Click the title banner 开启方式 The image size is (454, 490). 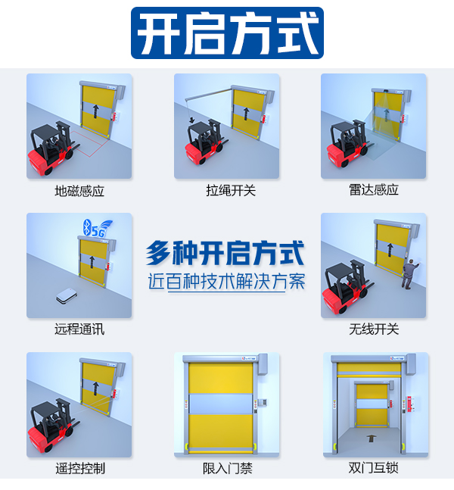pyautogui.click(x=227, y=33)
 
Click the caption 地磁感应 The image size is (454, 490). pyautogui.click(x=79, y=191)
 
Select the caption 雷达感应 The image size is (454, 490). pyautogui.click(x=374, y=190)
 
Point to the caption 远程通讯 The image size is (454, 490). pyautogui.click(x=79, y=329)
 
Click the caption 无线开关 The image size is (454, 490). pyautogui.click(x=374, y=329)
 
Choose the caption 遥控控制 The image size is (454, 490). pyautogui.click(x=79, y=468)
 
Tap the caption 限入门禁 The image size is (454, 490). pyautogui.click(x=227, y=468)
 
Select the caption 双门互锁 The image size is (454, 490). pyautogui.click(x=374, y=468)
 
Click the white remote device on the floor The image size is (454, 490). pyautogui.click(x=67, y=297)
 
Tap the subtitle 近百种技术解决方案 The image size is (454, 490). pyautogui.click(x=226, y=281)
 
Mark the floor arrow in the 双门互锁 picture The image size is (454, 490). pyautogui.click(x=371, y=439)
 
